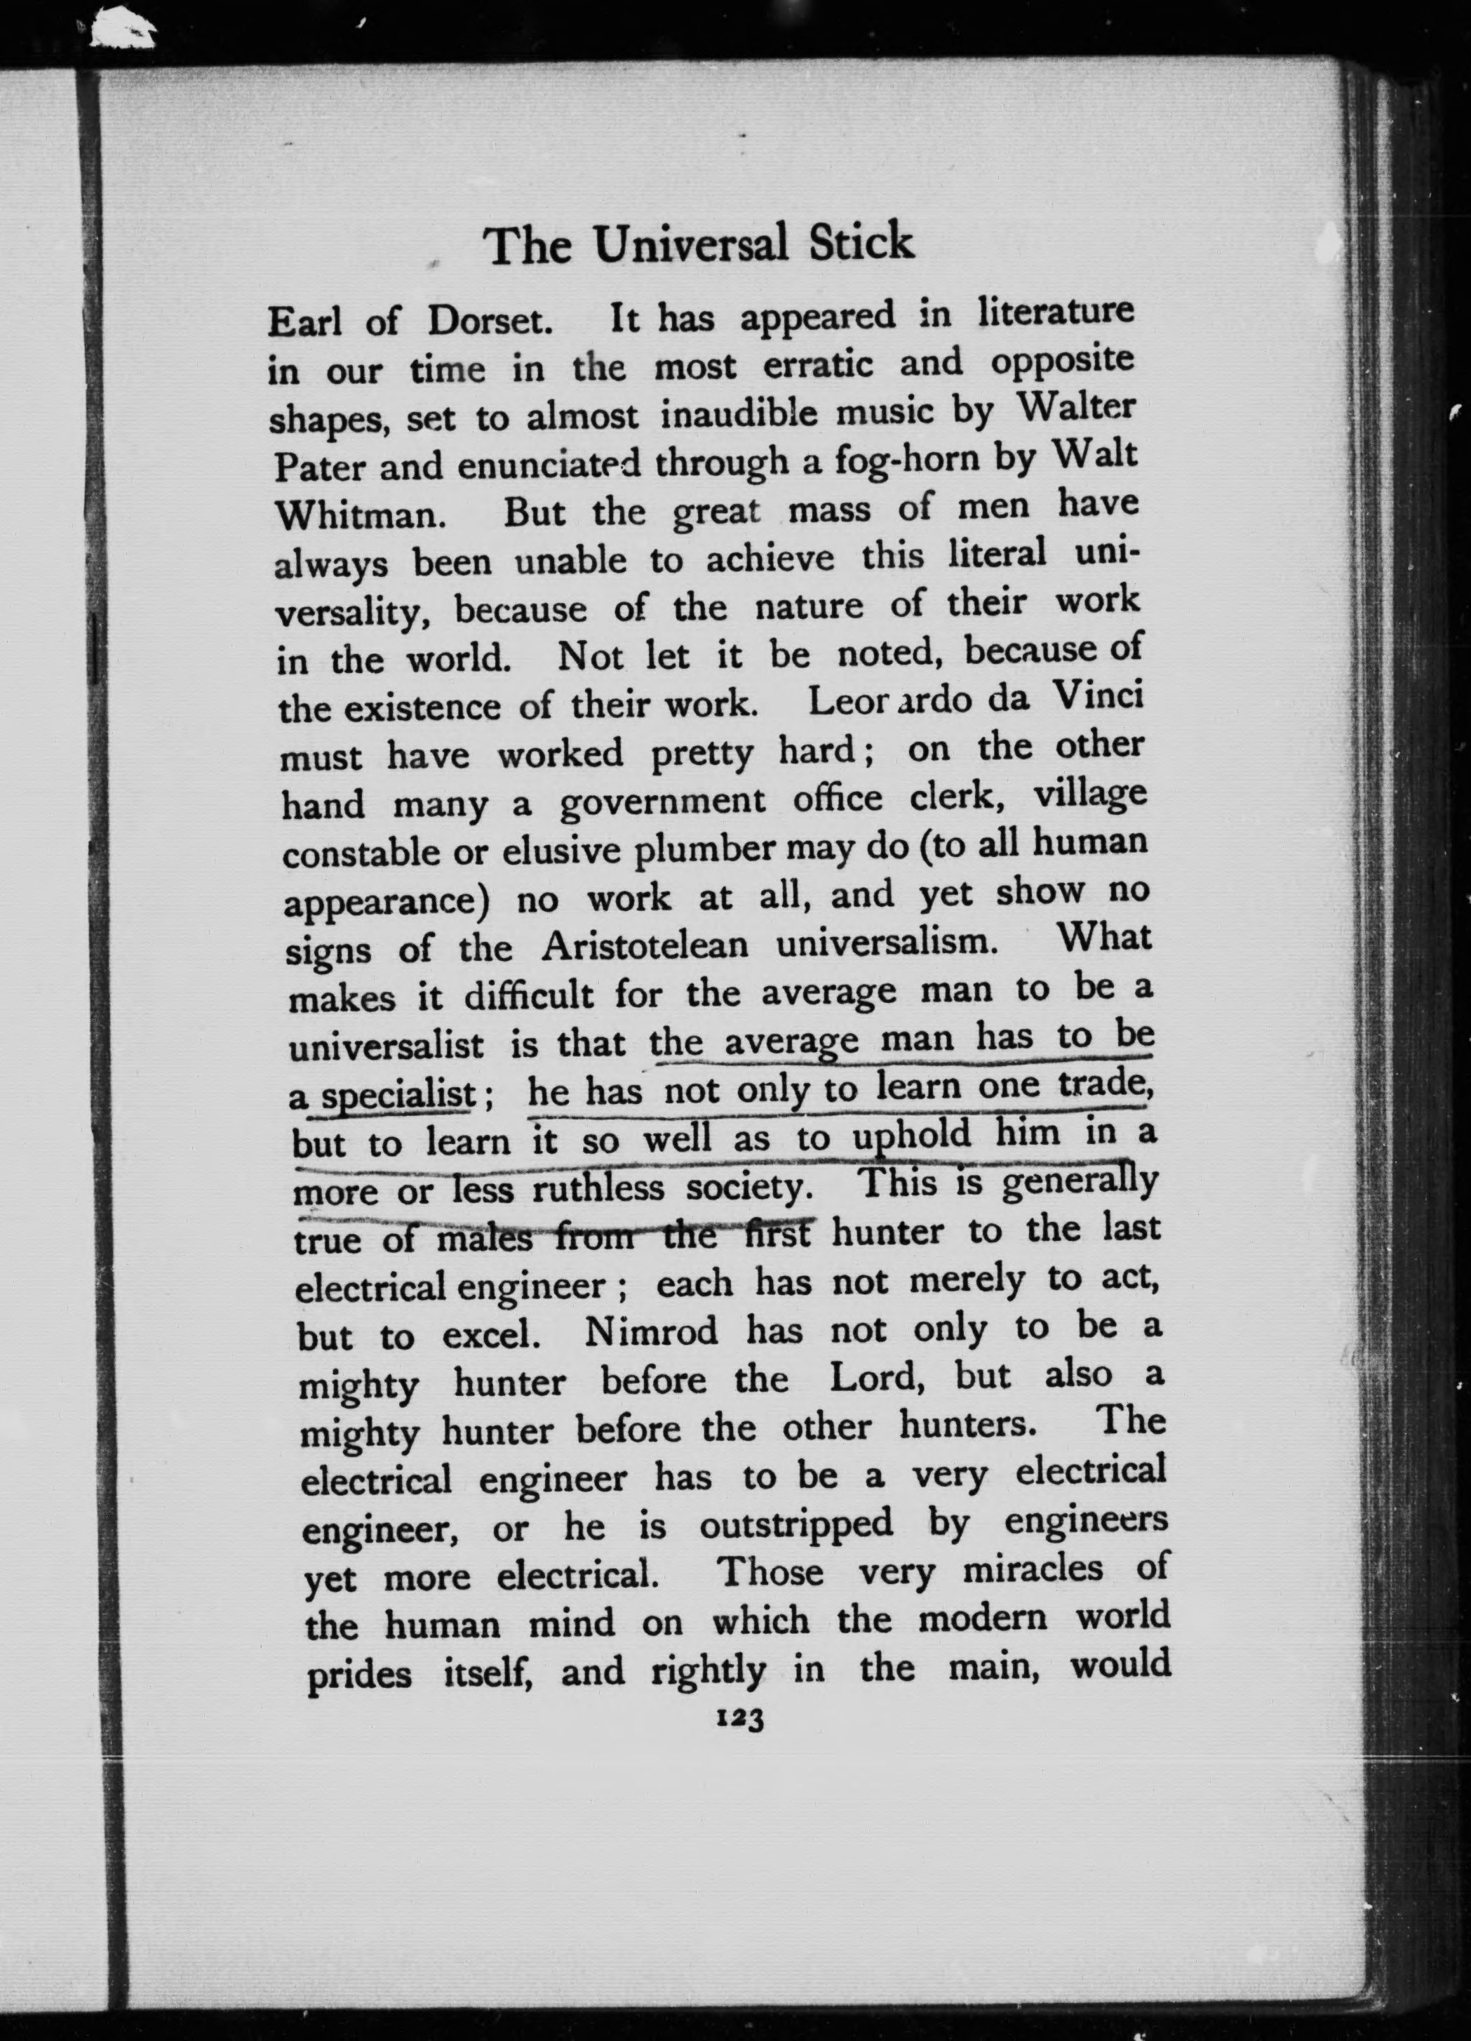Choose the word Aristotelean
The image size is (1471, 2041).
pyautogui.click(x=645, y=946)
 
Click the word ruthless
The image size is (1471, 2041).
pyautogui.click(x=598, y=1190)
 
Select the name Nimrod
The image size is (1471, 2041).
pyautogui.click(x=650, y=1331)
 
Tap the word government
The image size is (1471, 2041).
pyautogui.click(x=663, y=801)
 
